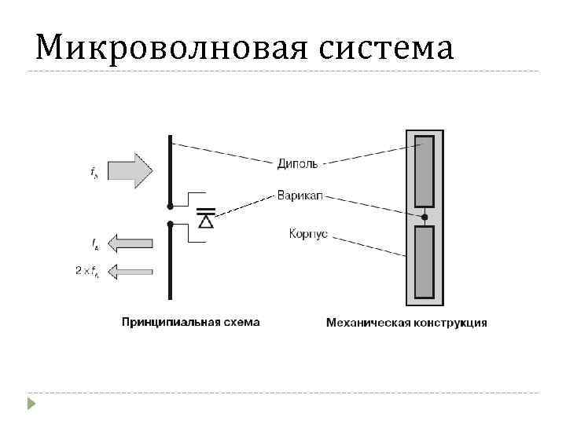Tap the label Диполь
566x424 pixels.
click(297, 164)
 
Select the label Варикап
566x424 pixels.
click(298, 195)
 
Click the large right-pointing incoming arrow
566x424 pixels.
click(129, 170)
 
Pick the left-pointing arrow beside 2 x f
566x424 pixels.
click(129, 272)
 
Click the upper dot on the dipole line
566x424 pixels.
click(170, 207)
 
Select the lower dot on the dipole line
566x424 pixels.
click(170, 224)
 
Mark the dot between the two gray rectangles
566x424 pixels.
click(424, 216)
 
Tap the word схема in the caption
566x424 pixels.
click(242, 322)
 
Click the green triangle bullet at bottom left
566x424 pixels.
click(31, 404)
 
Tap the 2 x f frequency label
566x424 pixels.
click(86, 272)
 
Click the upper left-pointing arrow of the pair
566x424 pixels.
click(129, 243)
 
